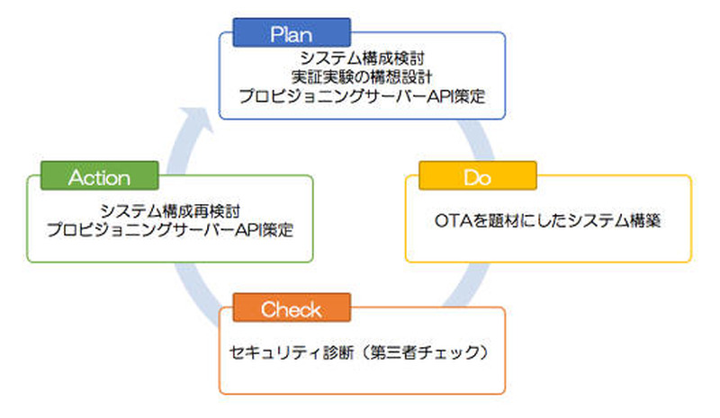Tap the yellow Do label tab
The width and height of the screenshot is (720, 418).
477,176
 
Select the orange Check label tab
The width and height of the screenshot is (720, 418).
290,310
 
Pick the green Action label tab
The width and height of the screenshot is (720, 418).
99,177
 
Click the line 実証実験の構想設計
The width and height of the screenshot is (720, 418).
363,77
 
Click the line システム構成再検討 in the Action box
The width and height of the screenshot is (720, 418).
170,210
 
